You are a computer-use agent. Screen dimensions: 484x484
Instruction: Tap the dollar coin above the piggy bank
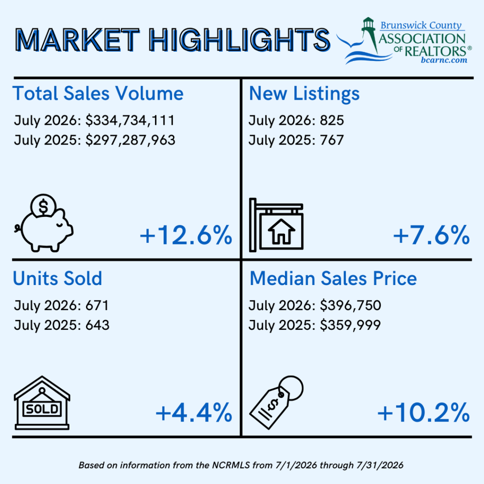click(x=43, y=206)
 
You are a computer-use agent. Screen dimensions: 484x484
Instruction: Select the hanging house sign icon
click(x=276, y=225)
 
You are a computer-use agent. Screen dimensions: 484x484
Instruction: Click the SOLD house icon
click(x=42, y=403)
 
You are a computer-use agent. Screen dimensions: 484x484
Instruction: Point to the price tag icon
click(x=276, y=402)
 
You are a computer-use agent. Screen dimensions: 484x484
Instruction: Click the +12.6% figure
click(x=186, y=235)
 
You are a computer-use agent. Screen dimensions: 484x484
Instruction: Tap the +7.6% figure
click(x=431, y=235)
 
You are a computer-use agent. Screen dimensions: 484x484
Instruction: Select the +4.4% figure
click(x=193, y=413)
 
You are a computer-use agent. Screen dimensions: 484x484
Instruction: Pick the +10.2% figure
click(x=423, y=413)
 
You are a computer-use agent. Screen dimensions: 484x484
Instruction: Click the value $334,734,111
click(x=130, y=121)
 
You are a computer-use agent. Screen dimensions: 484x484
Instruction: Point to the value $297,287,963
click(x=130, y=140)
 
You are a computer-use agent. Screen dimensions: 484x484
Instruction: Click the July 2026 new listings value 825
click(x=332, y=120)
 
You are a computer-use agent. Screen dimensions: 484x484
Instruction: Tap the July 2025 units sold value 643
click(x=97, y=325)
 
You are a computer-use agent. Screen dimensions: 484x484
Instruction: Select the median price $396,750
click(x=350, y=306)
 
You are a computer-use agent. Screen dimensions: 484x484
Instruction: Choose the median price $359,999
click(x=350, y=325)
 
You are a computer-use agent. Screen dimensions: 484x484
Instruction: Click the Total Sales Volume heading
click(x=98, y=93)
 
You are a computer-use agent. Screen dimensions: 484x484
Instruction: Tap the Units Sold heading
click(x=57, y=278)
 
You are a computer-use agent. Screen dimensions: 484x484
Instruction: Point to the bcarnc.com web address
click(x=444, y=60)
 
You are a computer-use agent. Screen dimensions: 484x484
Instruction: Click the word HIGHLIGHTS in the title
click(x=240, y=40)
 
